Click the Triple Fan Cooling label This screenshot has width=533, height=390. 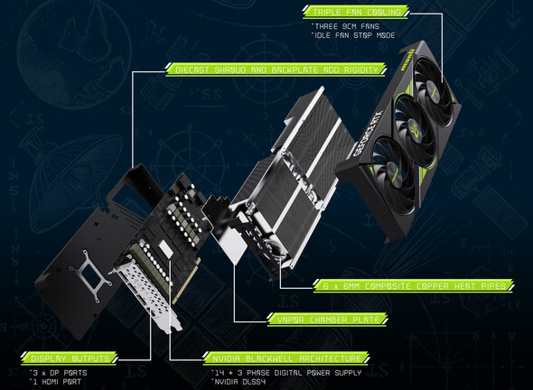click(356, 12)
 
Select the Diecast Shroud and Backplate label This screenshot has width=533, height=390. click(276, 70)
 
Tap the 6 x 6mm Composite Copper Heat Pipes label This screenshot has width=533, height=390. click(414, 285)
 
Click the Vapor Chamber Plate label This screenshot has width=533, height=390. click(327, 320)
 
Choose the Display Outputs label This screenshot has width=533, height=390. click(70, 358)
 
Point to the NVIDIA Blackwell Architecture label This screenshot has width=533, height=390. click(286, 358)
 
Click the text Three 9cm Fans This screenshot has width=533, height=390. click(345, 26)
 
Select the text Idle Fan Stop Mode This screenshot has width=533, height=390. click(353, 35)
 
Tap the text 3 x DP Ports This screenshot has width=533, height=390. click(59, 373)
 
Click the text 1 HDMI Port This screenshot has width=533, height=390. click(56, 382)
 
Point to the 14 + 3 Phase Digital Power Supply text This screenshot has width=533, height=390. click(286, 373)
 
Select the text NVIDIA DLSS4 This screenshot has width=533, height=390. click(238, 382)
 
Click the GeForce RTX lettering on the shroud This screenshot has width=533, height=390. click(369, 133)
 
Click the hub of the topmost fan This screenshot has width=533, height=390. click(431, 90)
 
